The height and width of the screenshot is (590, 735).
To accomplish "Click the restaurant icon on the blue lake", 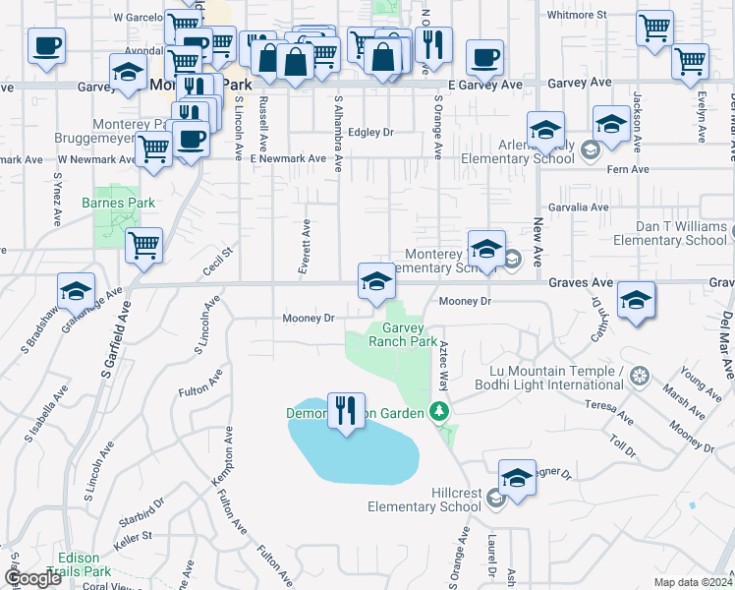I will (345, 411).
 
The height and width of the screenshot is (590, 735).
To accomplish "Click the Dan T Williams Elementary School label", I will (669, 233).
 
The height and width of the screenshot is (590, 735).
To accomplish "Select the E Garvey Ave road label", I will (484, 86).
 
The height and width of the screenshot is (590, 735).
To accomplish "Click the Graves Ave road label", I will (581, 283).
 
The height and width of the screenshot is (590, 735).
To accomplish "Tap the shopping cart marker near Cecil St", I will (144, 245).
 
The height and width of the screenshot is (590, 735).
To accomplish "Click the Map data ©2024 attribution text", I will (692, 581).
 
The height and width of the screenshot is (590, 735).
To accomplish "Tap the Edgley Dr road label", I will (370, 132).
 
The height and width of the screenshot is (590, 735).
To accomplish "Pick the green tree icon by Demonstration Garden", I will (442, 412).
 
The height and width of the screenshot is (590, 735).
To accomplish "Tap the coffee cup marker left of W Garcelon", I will (47, 45).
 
